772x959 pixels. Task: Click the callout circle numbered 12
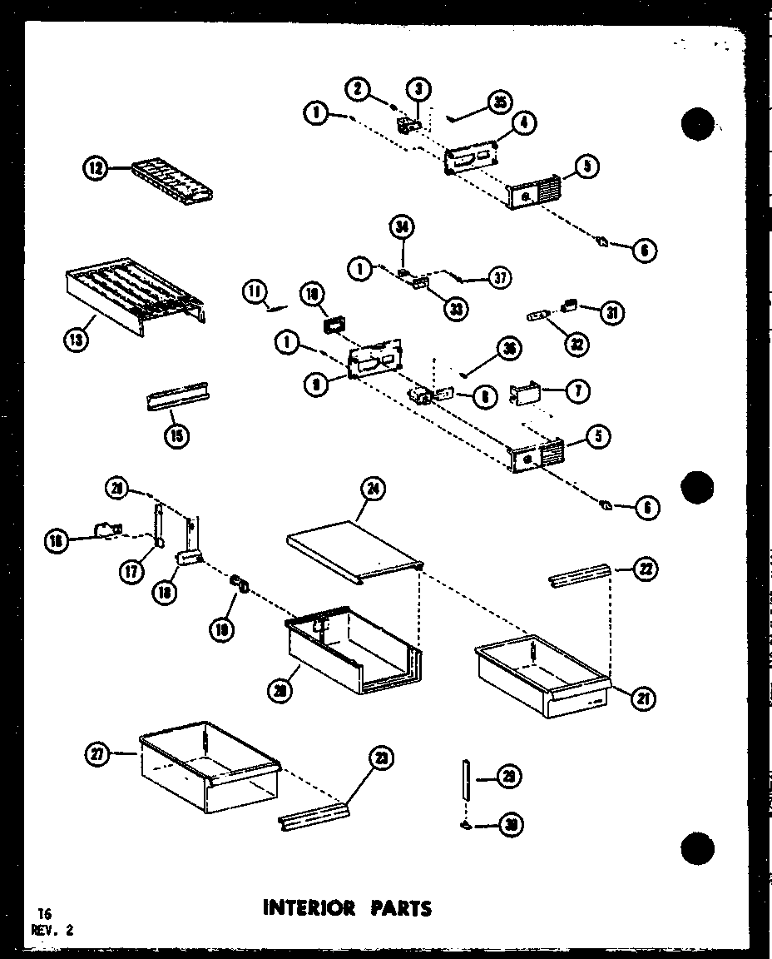(96, 169)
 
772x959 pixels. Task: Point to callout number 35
(500, 103)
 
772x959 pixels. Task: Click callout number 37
(499, 278)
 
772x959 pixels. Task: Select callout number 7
(577, 391)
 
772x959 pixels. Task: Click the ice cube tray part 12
(174, 181)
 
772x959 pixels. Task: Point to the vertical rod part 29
(467, 778)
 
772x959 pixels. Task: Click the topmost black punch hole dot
(698, 125)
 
